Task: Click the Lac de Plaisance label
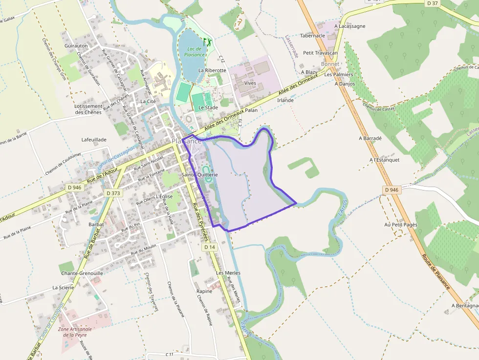[195, 52]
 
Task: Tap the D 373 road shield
[113, 193]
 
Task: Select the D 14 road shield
[210, 247]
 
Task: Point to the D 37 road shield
[432, 3]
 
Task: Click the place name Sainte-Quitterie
[199, 174]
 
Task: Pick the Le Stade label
[208, 107]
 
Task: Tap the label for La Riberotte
[212, 70]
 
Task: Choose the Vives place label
[250, 83]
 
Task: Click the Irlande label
[285, 100]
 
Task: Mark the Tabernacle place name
[312, 36]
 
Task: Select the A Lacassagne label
[350, 26]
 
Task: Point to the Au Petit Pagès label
[400, 225]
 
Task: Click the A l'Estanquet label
[385, 160]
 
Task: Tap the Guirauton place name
[76, 45]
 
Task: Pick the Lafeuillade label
[94, 140]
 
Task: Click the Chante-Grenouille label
[82, 273]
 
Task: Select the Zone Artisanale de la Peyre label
[75, 332]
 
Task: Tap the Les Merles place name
[228, 273]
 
